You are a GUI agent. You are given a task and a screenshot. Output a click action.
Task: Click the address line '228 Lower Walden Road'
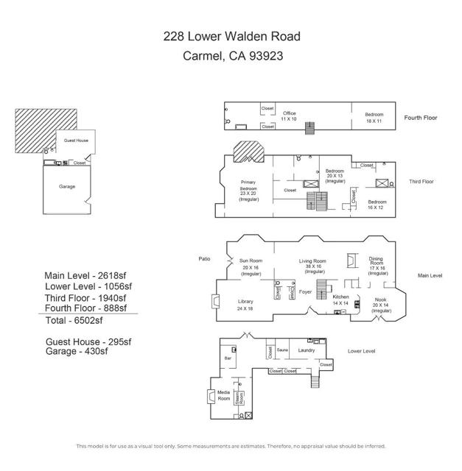232,36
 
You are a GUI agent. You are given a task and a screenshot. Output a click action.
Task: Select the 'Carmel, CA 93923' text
232,54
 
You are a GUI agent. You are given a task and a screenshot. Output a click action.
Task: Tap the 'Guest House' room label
76,140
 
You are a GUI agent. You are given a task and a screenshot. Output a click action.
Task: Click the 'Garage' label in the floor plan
67,186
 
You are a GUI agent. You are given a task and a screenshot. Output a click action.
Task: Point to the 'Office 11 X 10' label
290,116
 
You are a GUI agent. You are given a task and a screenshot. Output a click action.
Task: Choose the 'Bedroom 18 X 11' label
374,117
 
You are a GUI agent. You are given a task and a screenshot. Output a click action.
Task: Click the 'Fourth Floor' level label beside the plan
421,118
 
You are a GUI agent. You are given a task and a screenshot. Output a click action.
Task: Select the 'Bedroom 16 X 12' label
377,205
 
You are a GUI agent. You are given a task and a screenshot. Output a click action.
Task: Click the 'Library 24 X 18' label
245,305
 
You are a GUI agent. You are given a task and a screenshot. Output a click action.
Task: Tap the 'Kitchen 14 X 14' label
340,300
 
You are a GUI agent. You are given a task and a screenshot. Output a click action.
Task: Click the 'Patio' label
204,258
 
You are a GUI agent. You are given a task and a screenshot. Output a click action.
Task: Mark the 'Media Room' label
223,395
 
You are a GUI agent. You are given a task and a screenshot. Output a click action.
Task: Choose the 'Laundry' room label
307,350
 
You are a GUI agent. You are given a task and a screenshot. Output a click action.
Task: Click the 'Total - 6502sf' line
74,321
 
